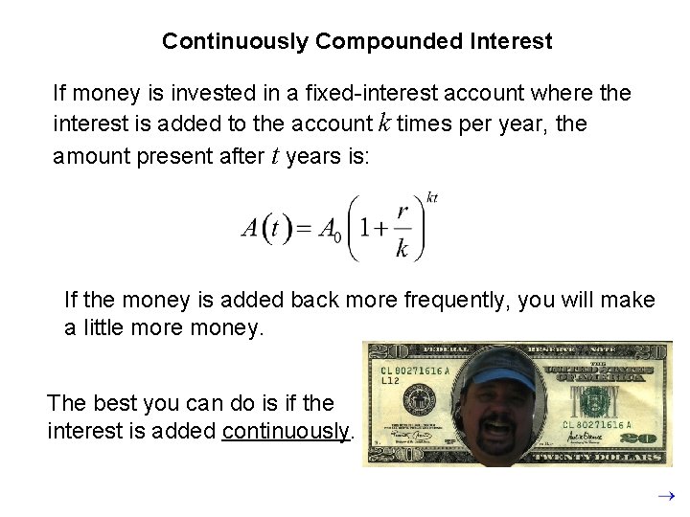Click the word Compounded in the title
pos(390,41)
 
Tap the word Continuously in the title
pos(236,41)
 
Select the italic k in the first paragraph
pos(384,123)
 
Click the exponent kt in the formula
pos(432,197)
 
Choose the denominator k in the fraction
pos(402,249)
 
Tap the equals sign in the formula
pos(304,230)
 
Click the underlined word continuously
pos(286,431)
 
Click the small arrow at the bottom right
pos(667,496)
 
